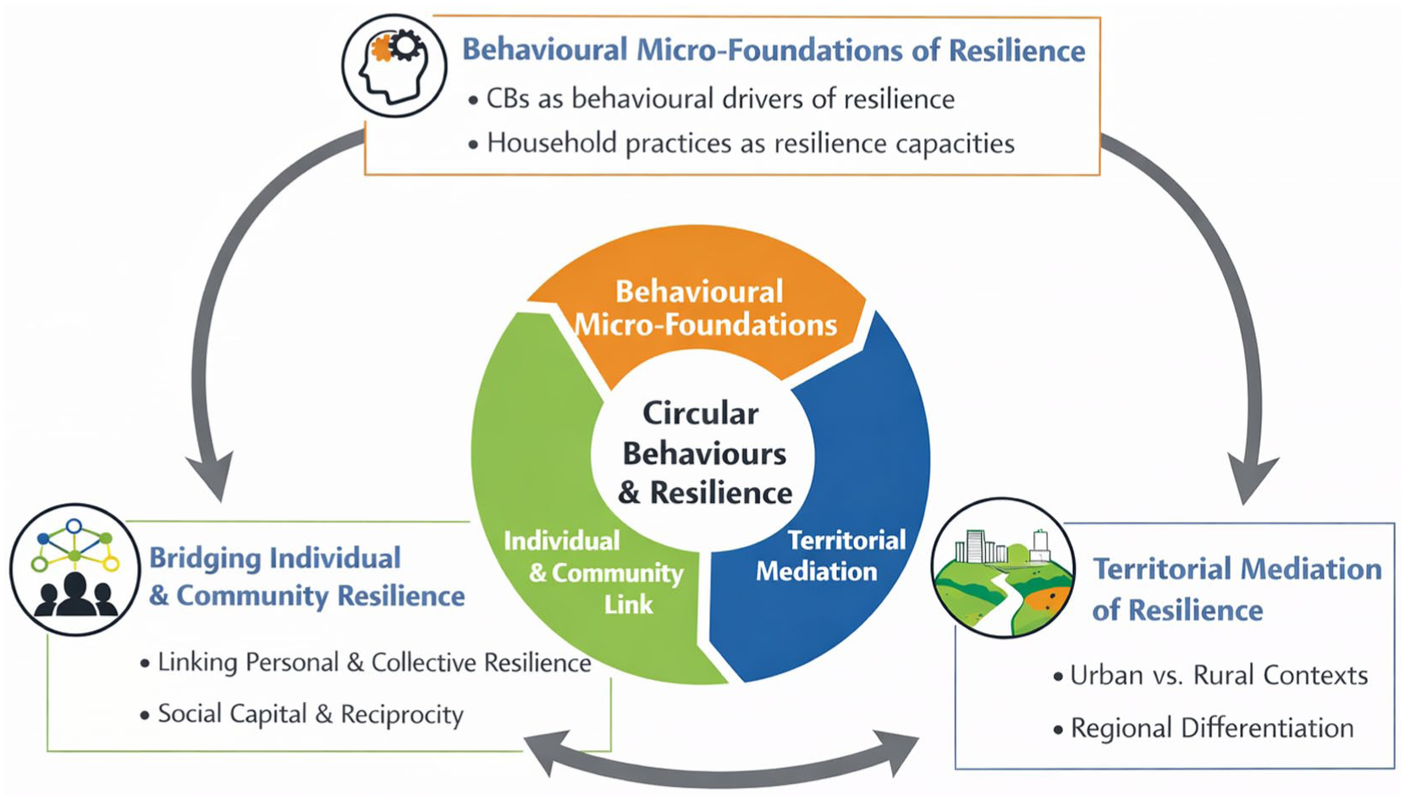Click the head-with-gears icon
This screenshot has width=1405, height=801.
pyautogui.click(x=394, y=66)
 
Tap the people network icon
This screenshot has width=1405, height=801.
pyautogui.click(x=75, y=570)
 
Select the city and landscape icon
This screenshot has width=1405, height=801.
pyautogui.click(x=1003, y=567)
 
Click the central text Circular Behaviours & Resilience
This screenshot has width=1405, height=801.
pyautogui.click(x=703, y=453)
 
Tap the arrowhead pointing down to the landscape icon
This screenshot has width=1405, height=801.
pyautogui.click(x=1250, y=480)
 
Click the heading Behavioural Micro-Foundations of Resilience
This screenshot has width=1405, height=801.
pyautogui.click(x=774, y=50)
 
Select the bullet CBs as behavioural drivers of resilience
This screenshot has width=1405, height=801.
pyautogui.click(x=712, y=99)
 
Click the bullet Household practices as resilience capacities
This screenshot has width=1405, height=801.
pyautogui.click(x=742, y=143)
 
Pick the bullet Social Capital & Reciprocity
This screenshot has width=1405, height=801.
pyautogui.click(x=302, y=714)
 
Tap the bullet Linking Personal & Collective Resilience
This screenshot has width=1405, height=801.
pyautogui.click(x=366, y=662)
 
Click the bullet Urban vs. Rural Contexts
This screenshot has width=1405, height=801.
pyautogui.click(x=1211, y=676)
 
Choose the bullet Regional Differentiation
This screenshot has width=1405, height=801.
pyautogui.click(x=1204, y=728)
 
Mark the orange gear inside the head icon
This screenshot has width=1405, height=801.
pyautogui.click(x=381, y=48)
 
